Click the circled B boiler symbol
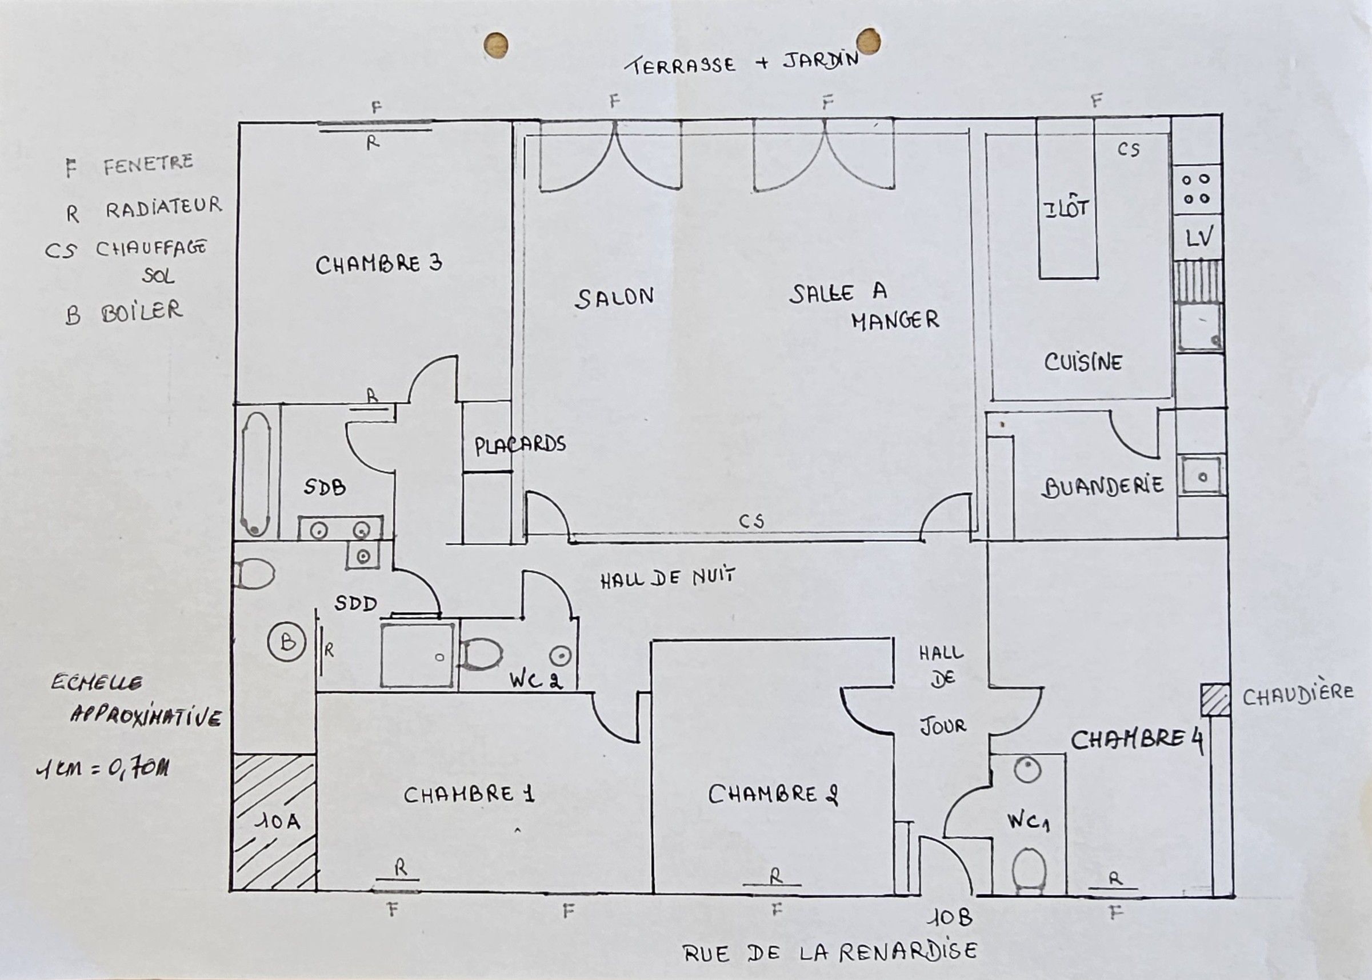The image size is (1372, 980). (x=287, y=642)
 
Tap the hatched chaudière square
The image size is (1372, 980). (x=1214, y=700)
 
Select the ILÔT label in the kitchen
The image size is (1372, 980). (x=1067, y=209)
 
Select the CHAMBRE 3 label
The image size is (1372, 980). (x=379, y=265)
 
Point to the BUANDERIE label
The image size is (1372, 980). (x=1102, y=486)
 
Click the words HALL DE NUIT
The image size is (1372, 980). (x=668, y=578)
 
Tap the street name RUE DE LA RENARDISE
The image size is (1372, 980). (x=830, y=952)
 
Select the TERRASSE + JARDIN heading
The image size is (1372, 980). (x=742, y=63)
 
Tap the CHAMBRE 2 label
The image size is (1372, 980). (x=774, y=794)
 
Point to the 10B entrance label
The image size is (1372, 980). (x=950, y=918)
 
